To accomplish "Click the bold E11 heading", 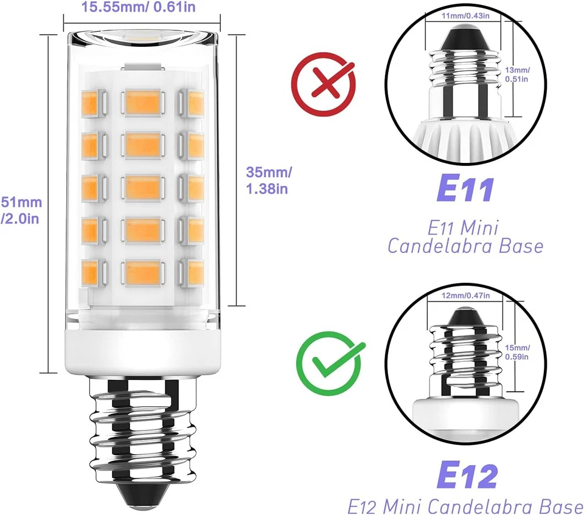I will click(465, 190).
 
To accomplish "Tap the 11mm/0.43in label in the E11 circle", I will click(464, 15).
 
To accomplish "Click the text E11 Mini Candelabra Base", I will click(465, 238).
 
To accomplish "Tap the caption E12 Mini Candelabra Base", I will click(465, 505).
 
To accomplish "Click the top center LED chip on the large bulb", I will click(143, 100).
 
